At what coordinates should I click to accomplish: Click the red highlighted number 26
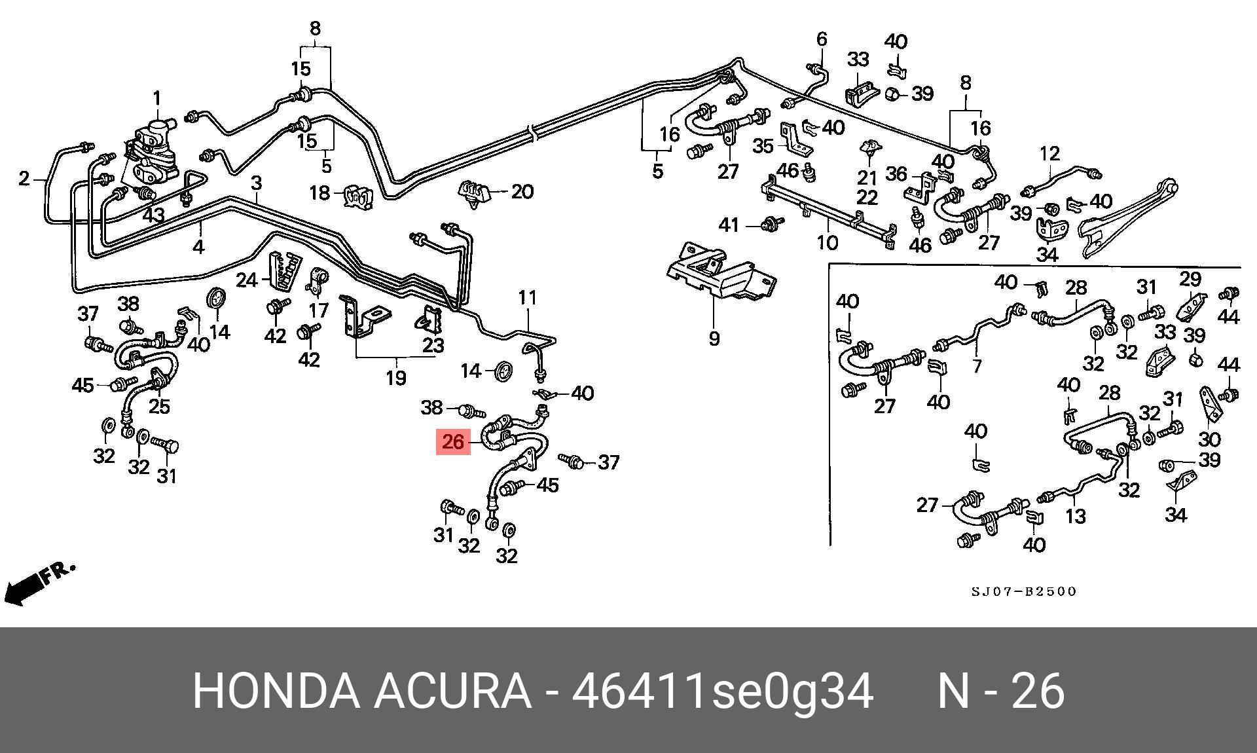pos(453,442)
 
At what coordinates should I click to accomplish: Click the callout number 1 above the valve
pos(157,99)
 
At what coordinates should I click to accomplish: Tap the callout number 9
pos(714,339)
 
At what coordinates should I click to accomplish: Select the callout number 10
pos(827,243)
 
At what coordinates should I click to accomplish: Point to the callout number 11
pos(527,298)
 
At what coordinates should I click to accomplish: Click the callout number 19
pos(395,378)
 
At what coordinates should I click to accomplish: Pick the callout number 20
pos(522,192)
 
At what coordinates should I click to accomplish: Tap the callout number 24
pos(247,280)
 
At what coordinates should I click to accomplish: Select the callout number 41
pos(729,225)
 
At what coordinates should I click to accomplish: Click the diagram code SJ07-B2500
pos(1023,592)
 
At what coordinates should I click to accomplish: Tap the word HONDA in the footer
pos(276,691)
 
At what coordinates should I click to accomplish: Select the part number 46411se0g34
pos(723,691)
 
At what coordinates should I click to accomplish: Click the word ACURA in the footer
pos(452,691)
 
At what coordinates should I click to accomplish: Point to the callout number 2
pos(24,178)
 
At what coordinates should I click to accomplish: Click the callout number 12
pos(1049,154)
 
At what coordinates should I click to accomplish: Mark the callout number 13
pos(1076,516)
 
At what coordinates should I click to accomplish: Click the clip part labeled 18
pos(358,196)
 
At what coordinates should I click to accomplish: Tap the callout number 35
pos(763,145)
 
